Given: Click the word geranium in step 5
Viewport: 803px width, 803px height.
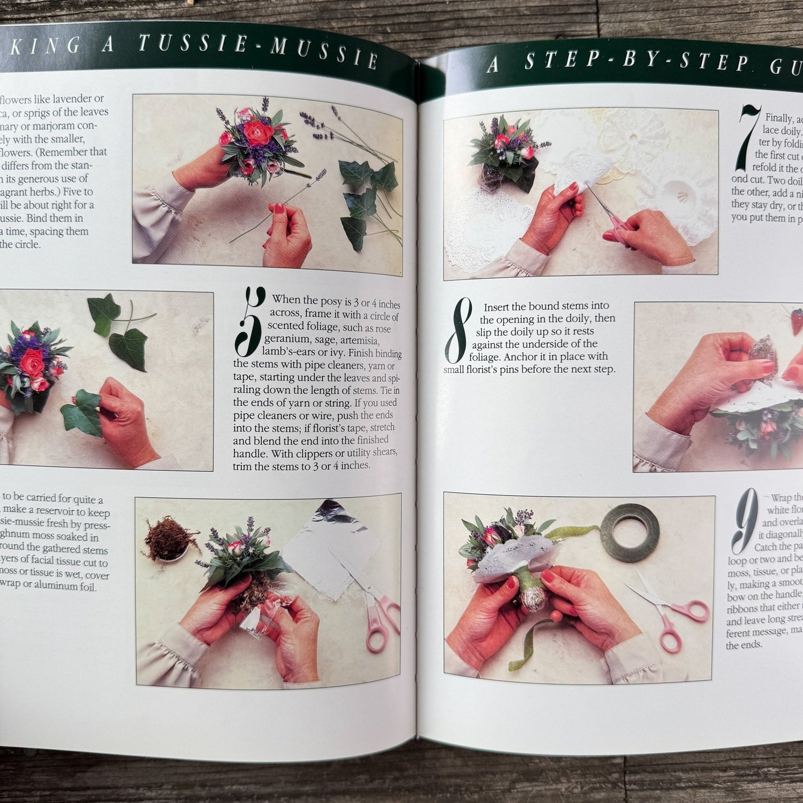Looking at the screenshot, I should click(287, 339).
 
